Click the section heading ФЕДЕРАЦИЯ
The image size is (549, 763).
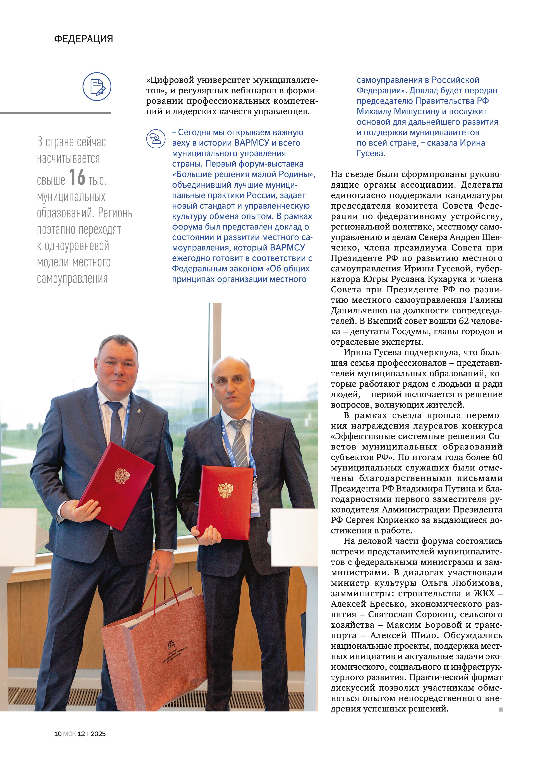[x=83, y=39]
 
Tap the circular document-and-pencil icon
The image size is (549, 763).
[x=97, y=86]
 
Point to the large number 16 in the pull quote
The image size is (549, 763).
[x=77, y=177]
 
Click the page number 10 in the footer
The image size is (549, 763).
[x=58, y=734]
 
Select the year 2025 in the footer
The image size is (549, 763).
[x=98, y=734]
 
